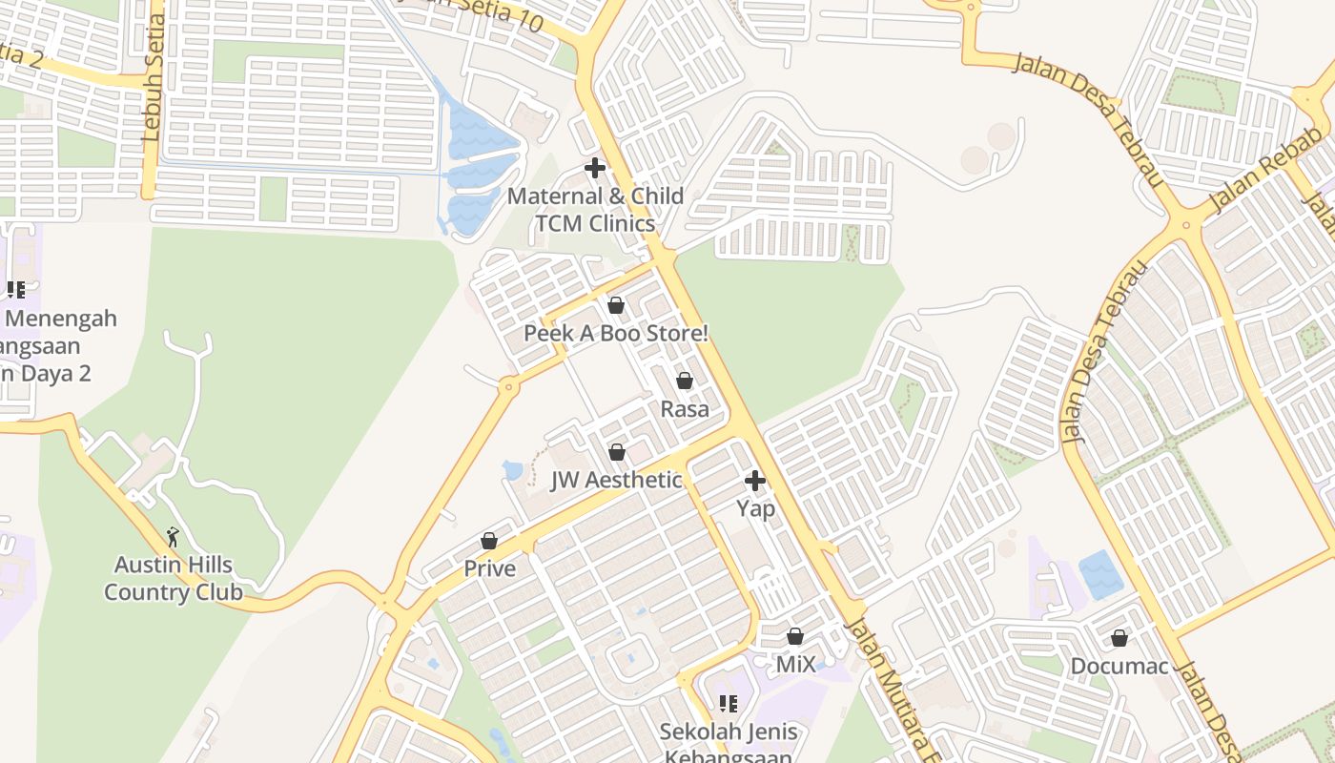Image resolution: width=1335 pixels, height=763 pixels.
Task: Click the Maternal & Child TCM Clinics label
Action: [x=595, y=210]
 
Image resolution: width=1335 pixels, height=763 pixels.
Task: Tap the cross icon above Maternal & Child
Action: [x=595, y=169]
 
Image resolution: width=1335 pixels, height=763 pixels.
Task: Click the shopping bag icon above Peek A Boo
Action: [x=616, y=306]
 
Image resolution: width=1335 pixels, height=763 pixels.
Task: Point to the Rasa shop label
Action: [x=685, y=409]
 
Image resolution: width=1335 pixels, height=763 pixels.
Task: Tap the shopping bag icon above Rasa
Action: [x=685, y=381]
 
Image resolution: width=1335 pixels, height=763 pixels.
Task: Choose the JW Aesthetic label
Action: [x=616, y=480]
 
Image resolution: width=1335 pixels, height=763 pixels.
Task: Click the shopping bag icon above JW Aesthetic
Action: [x=617, y=452]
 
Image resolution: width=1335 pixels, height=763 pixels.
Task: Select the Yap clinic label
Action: [x=755, y=509]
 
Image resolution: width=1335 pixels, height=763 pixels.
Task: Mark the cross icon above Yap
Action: [x=755, y=481]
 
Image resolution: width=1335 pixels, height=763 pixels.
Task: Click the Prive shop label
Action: [x=489, y=569]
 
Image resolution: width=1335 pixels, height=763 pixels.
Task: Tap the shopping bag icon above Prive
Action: [x=489, y=542]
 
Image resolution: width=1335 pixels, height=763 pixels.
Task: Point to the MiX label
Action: [x=795, y=664]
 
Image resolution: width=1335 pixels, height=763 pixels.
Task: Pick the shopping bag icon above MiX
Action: [x=795, y=636]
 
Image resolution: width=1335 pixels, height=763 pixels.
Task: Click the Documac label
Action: [x=1119, y=666]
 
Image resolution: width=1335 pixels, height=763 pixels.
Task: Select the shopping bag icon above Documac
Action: [x=1119, y=638]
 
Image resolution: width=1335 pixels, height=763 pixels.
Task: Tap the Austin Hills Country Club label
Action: [x=174, y=579]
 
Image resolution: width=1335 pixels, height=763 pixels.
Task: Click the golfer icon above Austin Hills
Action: [x=173, y=538]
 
